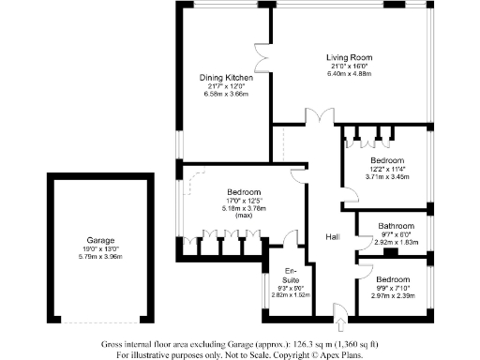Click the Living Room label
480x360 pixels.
pos(345,58)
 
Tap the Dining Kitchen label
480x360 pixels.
pos(224,78)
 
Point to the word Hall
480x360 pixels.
pos(333,237)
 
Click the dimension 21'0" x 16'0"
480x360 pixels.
pos(345,66)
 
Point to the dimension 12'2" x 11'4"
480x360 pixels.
pos(385,169)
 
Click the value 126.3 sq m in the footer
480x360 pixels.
pos(300,345)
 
